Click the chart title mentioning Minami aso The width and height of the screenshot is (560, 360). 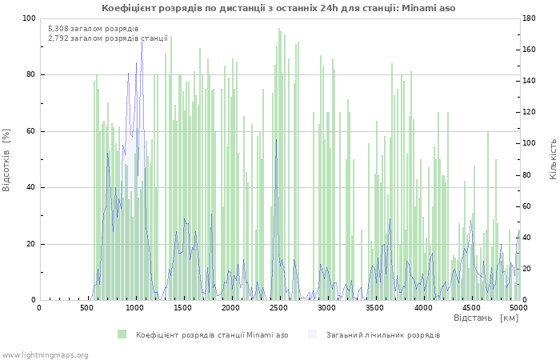tap(278, 8)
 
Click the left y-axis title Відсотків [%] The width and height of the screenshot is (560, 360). tap(7, 159)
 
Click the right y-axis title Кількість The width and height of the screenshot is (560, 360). tap(553, 158)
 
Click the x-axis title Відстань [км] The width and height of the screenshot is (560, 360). tap(486, 318)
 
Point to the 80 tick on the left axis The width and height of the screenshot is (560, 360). tap(30, 75)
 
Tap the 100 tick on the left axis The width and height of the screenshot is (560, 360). tap(28, 18)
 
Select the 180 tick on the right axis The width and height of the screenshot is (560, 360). tap(531, 18)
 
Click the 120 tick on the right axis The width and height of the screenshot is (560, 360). tap(531, 113)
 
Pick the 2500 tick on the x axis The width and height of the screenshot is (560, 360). tap(278, 307)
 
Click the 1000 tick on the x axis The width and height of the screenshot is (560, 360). tap(134, 307)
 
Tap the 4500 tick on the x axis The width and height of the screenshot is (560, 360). tap(470, 307)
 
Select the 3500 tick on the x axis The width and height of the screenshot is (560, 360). tap(374, 307)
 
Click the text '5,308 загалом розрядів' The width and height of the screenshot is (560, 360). tap(93, 29)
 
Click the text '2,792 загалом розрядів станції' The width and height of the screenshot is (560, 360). tap(107, 38)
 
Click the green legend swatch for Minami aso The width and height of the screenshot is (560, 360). tap(122, 334)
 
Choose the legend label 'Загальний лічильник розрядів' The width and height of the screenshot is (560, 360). tap(382, 334)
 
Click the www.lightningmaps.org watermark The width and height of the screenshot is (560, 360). tap(44, 355)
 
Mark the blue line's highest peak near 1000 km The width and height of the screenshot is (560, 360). tap(142, 40)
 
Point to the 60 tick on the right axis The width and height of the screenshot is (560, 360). tap(529, 206)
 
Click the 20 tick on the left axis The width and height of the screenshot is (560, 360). tap(30, 244)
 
